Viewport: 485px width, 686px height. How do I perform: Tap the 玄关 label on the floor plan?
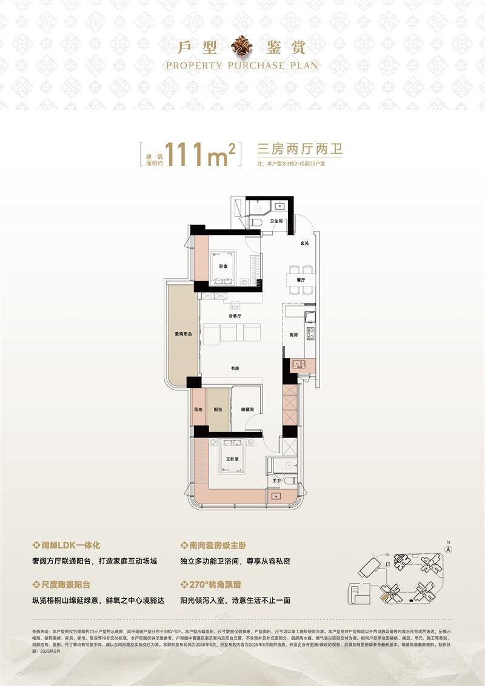pos(305,244)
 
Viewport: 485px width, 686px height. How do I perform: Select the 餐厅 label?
pos(300,281)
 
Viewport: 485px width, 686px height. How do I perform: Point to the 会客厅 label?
pos(235,316)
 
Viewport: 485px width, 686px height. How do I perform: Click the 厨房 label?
pos(293,335)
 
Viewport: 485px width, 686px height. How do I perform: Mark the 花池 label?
pos(198,410)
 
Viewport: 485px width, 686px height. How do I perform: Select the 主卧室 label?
pos(230,459)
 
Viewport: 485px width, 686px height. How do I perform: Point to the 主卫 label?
pos(276,480)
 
